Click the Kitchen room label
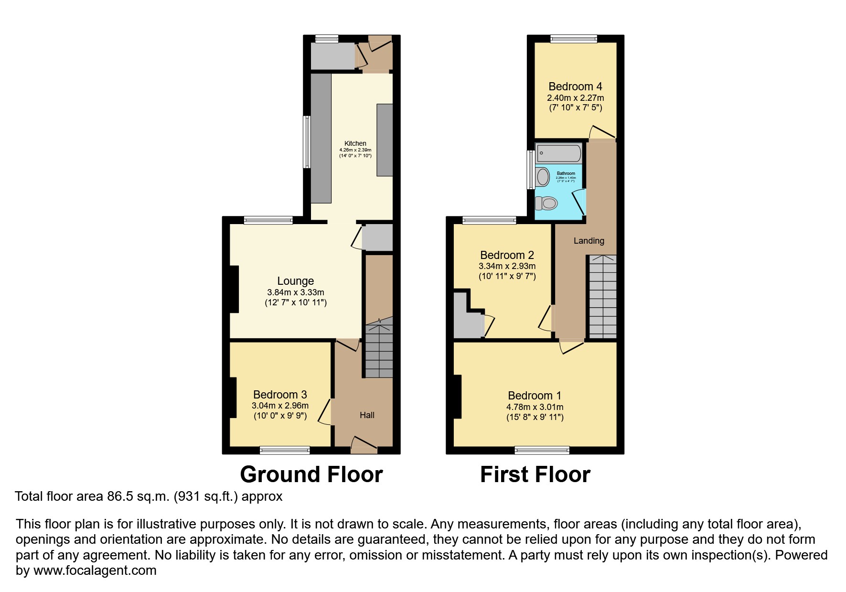355,143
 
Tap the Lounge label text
296,281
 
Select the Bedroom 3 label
280,395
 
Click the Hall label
367,415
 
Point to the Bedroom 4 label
575,86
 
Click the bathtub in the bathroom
559,153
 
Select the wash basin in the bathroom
543,177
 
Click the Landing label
589,241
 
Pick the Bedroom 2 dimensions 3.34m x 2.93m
507,266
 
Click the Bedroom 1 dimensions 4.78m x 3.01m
535,407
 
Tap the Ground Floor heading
311,474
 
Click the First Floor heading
535,474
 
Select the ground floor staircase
379,351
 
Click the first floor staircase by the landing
602,296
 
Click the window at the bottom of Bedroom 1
542,450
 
